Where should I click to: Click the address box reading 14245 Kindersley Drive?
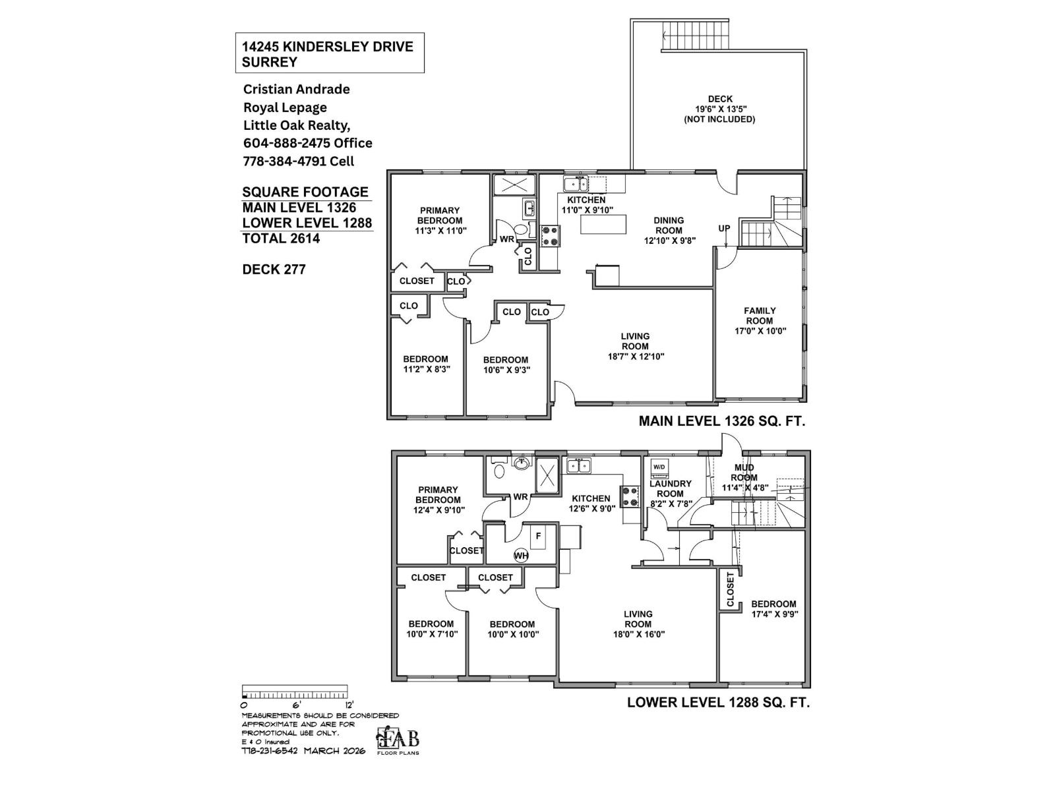pyautogui.click(x=329, y=53)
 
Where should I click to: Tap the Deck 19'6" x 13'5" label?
pyautogui.click(x=719, y=109)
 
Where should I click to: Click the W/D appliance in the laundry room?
pyautogui.click(x=659, y=467)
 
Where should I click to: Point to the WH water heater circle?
pyautogui.click(x=521, y=556)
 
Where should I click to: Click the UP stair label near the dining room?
pyautogui.click(x=724, y=229)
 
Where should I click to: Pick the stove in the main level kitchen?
pyautogui.click(x=550, y=236)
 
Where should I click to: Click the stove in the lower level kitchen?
pyautogui.click(x=630, y=496)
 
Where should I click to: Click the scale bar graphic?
pyautogui.click(x=295, y=693)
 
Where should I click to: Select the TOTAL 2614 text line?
pyautogui.click(x=281, y=239)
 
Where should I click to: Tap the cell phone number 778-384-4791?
pyautogui.click(x=298, y=161)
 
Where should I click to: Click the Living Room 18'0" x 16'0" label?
pyautogui.click(x=638, y=624)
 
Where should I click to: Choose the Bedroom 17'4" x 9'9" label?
pyautogui.click(x=773, y=609)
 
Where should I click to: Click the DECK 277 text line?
pyautogui.click(x=274, y=269)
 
